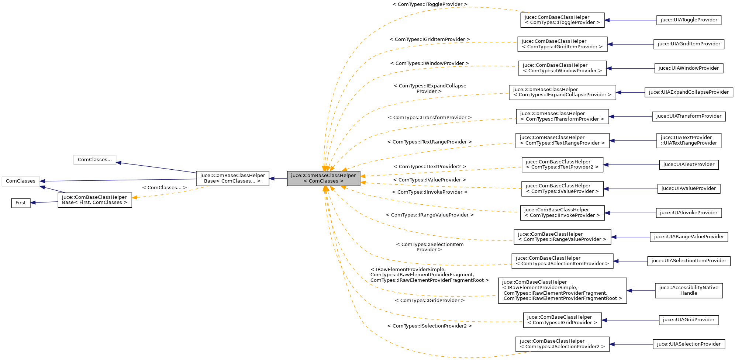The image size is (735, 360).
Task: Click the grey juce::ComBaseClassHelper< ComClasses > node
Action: click(x=324, y=179)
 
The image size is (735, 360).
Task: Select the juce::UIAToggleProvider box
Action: click(x=689, y=20)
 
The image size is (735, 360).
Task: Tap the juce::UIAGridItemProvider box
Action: click(x=689, y=44)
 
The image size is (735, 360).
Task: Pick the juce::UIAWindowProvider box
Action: click(x=689, y=68)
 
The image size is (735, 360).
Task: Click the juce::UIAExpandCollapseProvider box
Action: click(x=689, y=92)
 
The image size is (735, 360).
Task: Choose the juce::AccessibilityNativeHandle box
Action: click(x=689, y=290)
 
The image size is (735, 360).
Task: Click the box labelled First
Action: click(x=21, y=203)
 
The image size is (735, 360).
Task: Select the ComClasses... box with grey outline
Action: click(x=95, y=160)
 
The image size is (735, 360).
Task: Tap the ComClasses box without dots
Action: click(x=21, y=181)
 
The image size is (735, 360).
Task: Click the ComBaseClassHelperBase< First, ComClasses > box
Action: click(x=95, y=200)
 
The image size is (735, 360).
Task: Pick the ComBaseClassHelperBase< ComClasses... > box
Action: click(x=232, y=179)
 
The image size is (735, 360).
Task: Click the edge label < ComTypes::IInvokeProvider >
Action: click(x=429, y=192)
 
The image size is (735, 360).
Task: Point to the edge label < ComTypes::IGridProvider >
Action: click(x=429, y=301)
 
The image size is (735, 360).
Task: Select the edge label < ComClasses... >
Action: click(x=164, y=188)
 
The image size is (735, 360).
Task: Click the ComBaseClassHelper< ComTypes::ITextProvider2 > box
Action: click(x=562, y=165)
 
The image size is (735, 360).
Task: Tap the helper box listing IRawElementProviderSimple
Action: click(x=562, y=291)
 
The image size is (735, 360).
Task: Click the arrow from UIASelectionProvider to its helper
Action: click(x=631, y=344)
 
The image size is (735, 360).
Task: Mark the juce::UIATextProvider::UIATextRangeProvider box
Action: click(x=689, y=141)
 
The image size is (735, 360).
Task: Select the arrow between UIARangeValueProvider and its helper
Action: click(x=630, y=237)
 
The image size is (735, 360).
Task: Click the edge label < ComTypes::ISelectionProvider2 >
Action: click(x=429, y=326)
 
